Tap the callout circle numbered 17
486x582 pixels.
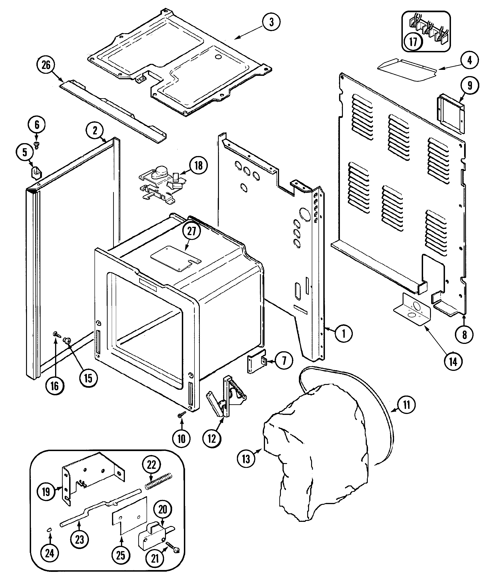point(413,42)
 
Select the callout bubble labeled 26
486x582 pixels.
point(46,65)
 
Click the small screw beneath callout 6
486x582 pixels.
point(36,144)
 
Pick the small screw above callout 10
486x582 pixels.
point(182,422)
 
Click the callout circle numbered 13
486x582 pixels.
point(246,459)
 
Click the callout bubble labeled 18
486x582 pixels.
point(198,166)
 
